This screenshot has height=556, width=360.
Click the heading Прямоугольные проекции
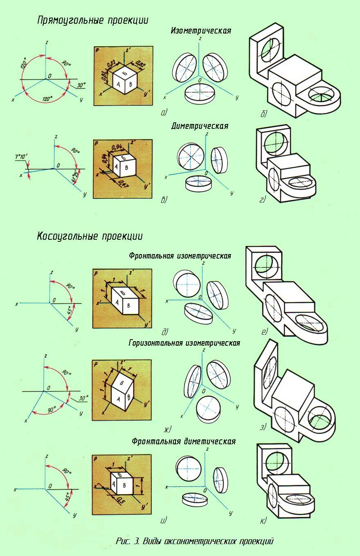(x=92, y=20)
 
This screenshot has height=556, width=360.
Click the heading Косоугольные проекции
(x=90, y=236)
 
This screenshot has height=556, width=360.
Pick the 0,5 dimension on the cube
(x=120, y=500)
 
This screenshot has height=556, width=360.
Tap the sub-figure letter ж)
(x=167, y=429)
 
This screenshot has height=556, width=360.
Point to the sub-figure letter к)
(x=263, y=520)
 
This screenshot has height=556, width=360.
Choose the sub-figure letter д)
(x=165, y=331)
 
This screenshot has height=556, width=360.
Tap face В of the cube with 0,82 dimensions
(x=130, y=85)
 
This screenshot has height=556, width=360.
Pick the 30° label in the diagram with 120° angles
(x=81, y=86)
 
